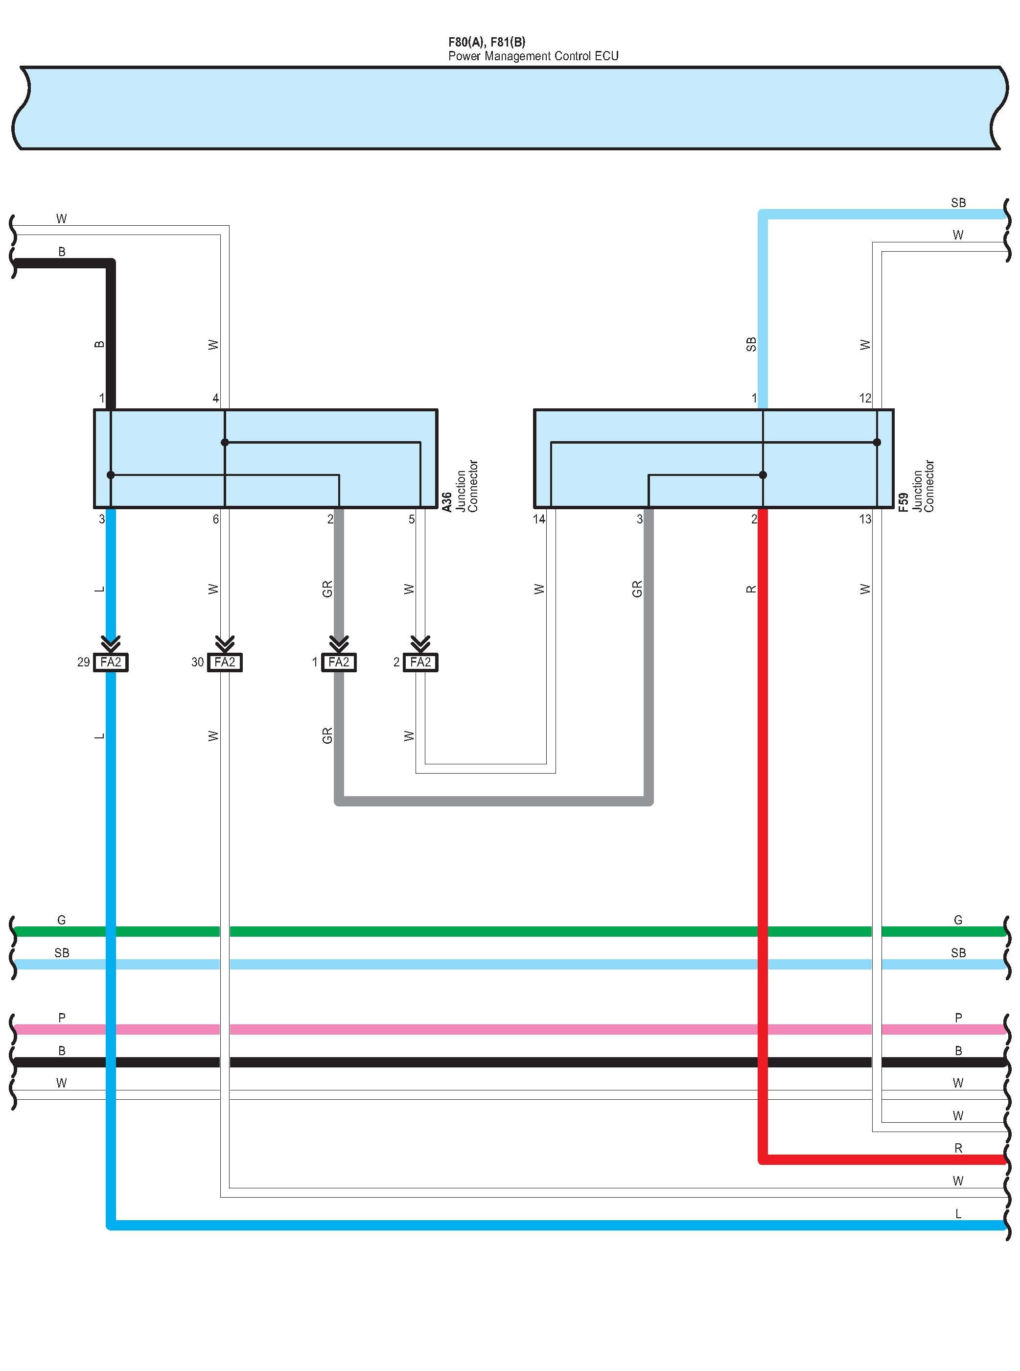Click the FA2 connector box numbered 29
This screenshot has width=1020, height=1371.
pyautogui.click(x=111, y=662)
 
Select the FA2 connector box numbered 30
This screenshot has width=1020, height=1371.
pyautogui.click(x=225, y=662)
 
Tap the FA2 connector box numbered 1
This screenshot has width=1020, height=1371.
pyautogui.click(x=339, y=662)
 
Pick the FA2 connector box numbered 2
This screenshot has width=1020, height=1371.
pyautogui.click(x=420, y=662)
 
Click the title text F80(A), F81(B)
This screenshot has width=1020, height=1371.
pyautogui.click(x=487, y=42)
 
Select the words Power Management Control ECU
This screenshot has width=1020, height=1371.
pyautogui.click(x=533, y=56)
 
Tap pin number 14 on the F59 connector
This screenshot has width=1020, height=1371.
pyautogui.click(x=539, y=520)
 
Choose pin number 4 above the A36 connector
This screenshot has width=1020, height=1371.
pyautogui.click(x=215, y=399)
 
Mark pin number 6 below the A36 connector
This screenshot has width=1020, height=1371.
pyautogui.click(x=215, y=520)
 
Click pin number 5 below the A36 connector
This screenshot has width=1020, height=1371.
pyautogui.click(x=412, y=520)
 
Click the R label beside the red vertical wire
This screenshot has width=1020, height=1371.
pyautogui.click(x=751, y=589)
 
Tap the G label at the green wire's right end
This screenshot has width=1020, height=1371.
pyautogui.click(x=958, y=920)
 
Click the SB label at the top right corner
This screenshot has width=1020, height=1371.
pyautogui.click(x=958, y=203)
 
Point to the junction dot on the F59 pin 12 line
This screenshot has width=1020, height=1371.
pyautogui.click(x=877, y=442)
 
